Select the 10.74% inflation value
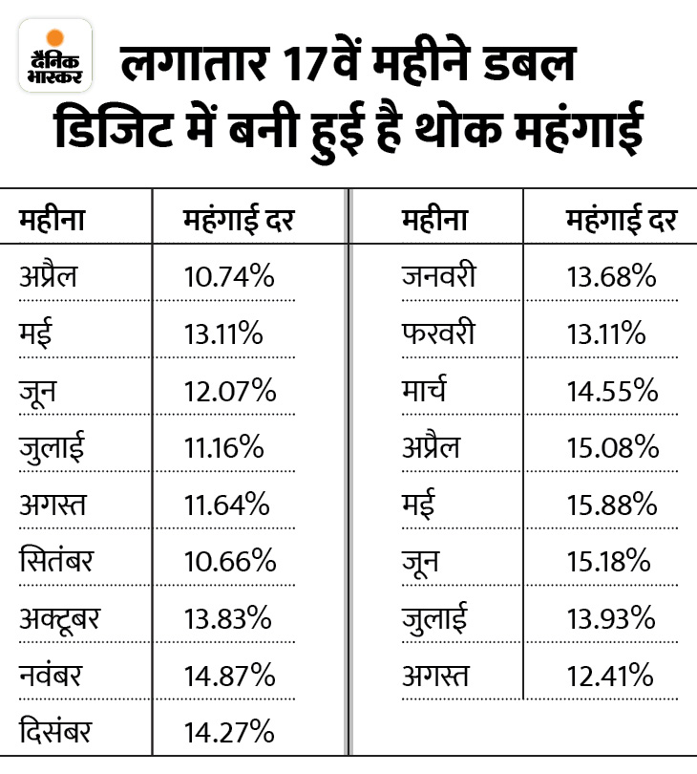click(229, 278)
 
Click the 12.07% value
click(229, 392)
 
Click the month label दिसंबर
click(56, 733)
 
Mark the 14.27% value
click(229, 733)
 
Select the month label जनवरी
click(438, 278)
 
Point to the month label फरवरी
click(438, 334)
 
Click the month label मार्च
click(425, 392)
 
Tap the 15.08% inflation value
click(611, 448)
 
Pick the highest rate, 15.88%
click(611, 505)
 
